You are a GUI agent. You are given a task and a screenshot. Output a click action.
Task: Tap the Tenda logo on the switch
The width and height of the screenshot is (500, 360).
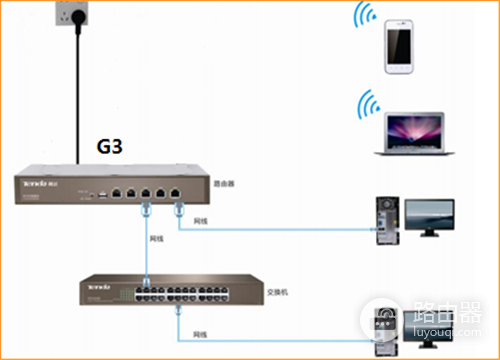[98, 287]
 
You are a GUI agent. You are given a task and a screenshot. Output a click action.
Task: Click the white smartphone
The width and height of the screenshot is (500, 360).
[399, 43]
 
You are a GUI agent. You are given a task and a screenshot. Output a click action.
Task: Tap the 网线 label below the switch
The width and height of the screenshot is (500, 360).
[201, 333]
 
